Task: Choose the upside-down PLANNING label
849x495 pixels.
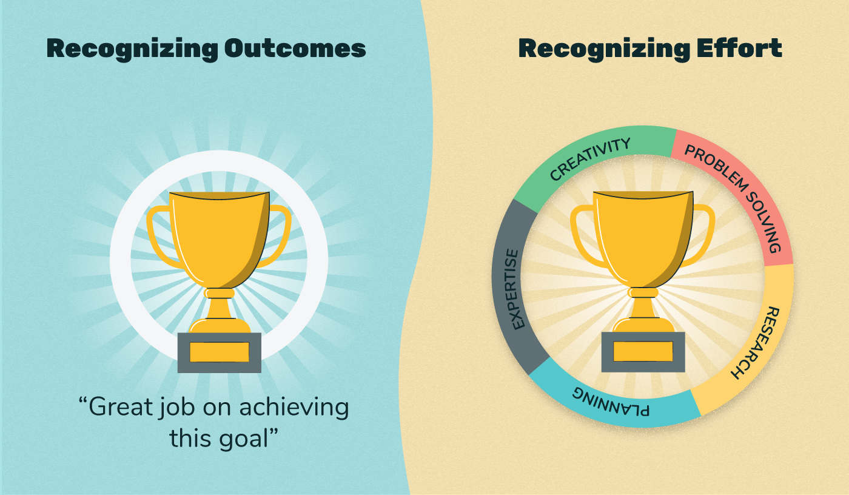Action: pyautogui.click(x=611, y=401)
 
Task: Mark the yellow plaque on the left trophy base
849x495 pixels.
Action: pyautogui.click(x=219, y=352)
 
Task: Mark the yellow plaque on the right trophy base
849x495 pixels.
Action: pyautogui.click(x=643, y=352)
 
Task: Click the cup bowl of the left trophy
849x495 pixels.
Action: pyautogui.click(x=219, y=237)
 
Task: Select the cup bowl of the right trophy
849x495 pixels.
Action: pyautogui.click(x=643, y=237)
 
